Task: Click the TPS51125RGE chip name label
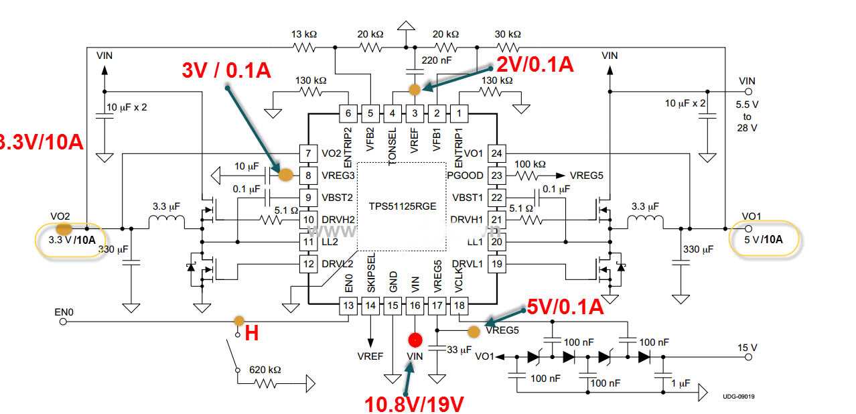tap(401, 206)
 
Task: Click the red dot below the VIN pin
tap(415, 339)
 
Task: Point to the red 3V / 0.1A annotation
tap(226, 70)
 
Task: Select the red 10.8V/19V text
tap(414, 403)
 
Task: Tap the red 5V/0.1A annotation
tap(565, 307)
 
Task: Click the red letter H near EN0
tap(252, 333)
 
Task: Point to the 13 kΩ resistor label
tap(304, 34)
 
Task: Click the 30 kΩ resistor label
tap(507, 34)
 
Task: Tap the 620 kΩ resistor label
tap(266, 370)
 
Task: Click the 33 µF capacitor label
tap(458, 349)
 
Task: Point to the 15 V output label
tap(747, 348)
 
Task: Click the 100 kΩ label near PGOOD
tap(530, 164)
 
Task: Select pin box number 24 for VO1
tap(495, 153)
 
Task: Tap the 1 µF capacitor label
tap(681, 384)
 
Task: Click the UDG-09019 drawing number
tap(739, 397)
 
